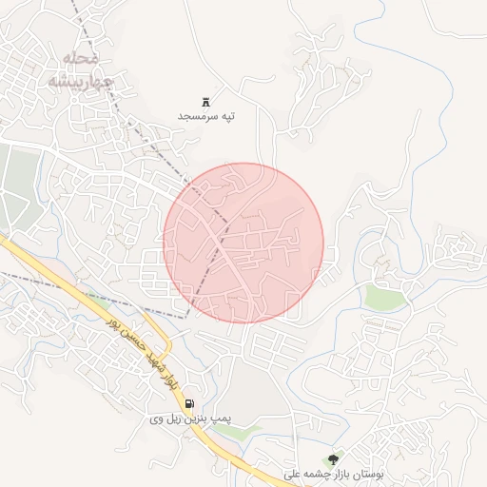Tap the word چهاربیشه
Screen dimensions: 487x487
click(80, 82)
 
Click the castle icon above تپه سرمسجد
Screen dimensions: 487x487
click(205, 101)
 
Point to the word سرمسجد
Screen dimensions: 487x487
click(196, 116)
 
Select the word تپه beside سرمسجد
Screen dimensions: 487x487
click(226, 116)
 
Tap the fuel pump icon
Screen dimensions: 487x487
click(188, 403)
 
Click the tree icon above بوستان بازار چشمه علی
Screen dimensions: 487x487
click(332, 459)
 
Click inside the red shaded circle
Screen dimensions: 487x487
click(244, 243)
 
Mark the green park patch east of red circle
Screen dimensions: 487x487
click(385, 299)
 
